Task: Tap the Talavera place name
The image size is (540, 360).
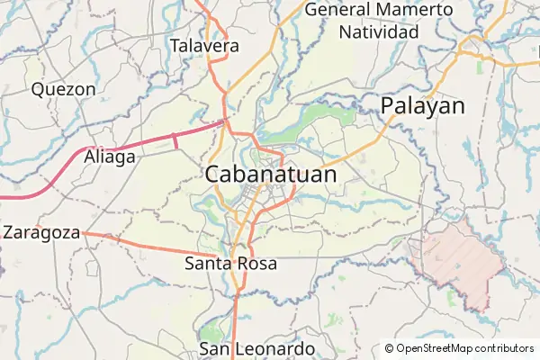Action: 204,45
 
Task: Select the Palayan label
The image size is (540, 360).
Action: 423,105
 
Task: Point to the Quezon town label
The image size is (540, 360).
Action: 63,89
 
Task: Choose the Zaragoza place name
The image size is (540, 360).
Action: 40,231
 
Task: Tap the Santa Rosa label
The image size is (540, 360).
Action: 230,264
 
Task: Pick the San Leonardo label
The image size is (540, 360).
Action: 256,348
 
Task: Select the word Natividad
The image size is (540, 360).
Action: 379,32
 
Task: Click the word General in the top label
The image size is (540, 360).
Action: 338,10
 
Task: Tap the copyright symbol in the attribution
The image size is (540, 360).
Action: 389,348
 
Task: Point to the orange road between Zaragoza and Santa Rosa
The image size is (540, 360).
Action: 144,244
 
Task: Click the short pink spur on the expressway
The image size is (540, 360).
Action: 175,140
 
